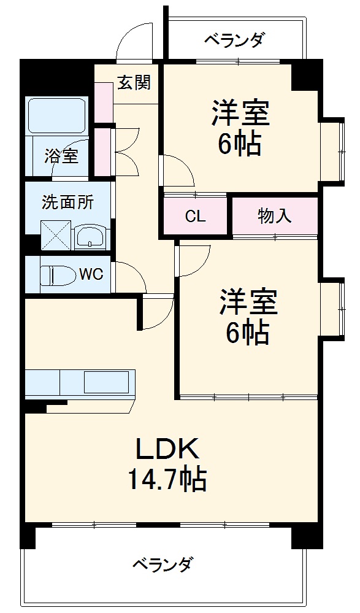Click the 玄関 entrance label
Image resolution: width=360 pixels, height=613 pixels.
[134, 82]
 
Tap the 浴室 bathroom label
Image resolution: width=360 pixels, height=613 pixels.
[61, 156]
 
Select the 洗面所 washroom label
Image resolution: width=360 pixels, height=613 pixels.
[67, 202]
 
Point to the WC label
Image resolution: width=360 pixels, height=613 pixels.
[91, 274]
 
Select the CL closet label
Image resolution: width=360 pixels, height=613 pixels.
[196, 217]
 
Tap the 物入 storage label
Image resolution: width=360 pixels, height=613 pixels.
[274, 216]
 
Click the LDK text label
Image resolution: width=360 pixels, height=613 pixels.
[167, 450]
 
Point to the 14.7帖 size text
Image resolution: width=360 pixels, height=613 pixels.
[167, 479]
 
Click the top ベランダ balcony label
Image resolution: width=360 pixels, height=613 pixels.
[234, 40]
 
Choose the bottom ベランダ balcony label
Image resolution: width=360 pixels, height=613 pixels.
[164, 563]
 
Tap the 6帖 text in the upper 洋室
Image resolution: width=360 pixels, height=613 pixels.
[240, 145]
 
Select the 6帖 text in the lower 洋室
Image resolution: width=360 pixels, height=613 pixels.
[247, 332]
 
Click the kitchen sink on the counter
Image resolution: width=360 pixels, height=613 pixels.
[105, 382]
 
